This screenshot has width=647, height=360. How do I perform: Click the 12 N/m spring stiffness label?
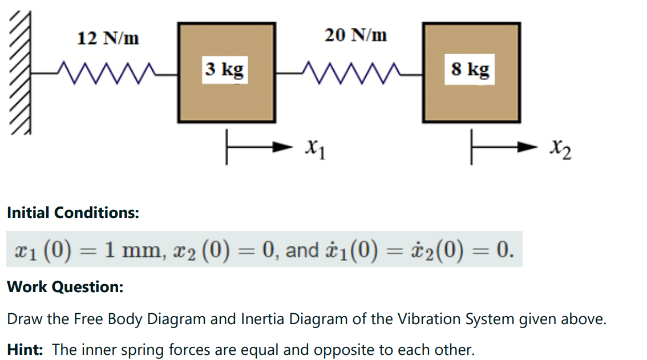[108, 38]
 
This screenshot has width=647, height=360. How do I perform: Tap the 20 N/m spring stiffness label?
[356, 35]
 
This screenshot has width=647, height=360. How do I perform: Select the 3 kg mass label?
[225, 70]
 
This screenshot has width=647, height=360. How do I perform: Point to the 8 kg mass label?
[470, 70]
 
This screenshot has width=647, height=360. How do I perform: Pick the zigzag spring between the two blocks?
[349, 73]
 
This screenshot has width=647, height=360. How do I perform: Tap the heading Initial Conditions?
[73, 213]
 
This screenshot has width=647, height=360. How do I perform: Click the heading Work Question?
[65, 286]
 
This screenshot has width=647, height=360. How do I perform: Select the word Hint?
[25, 349]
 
